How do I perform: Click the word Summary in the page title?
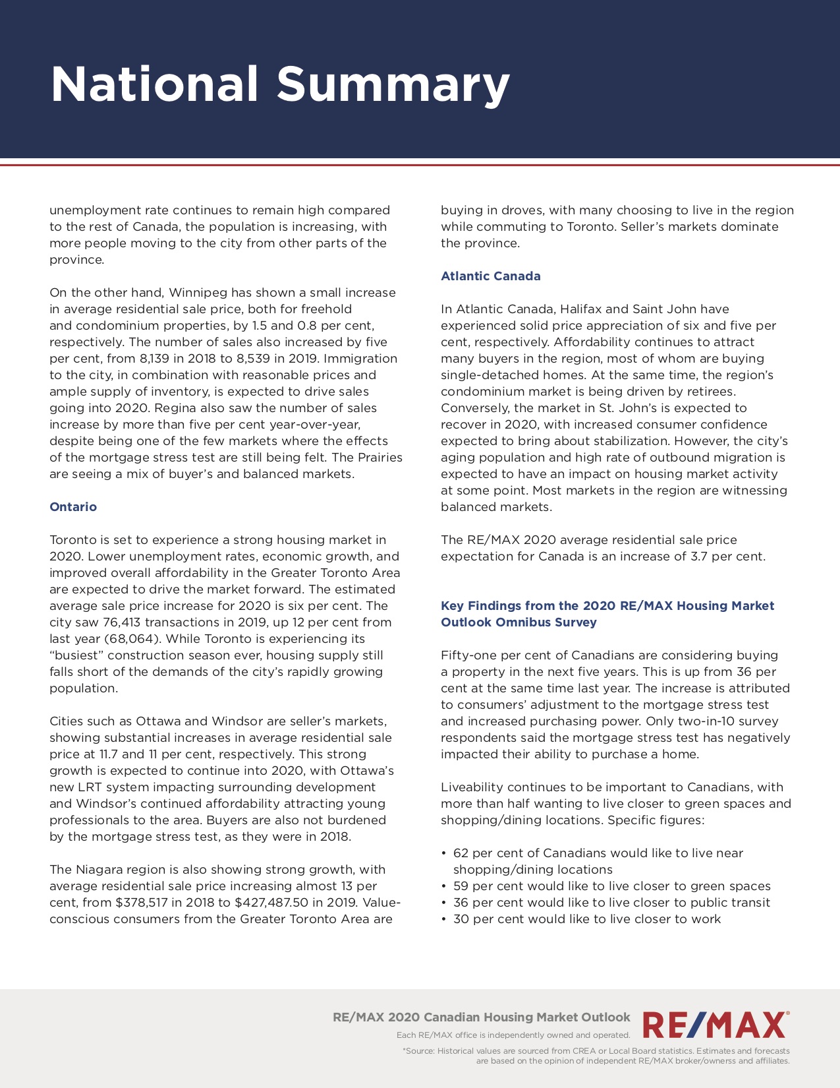(393, 84)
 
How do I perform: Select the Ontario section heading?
(73, 506)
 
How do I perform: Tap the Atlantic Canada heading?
(491, 276)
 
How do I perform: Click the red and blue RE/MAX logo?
(715, 1026)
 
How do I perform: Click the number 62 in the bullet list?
(461, 853)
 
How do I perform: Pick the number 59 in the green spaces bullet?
(461, 886)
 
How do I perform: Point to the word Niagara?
(99, 869)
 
